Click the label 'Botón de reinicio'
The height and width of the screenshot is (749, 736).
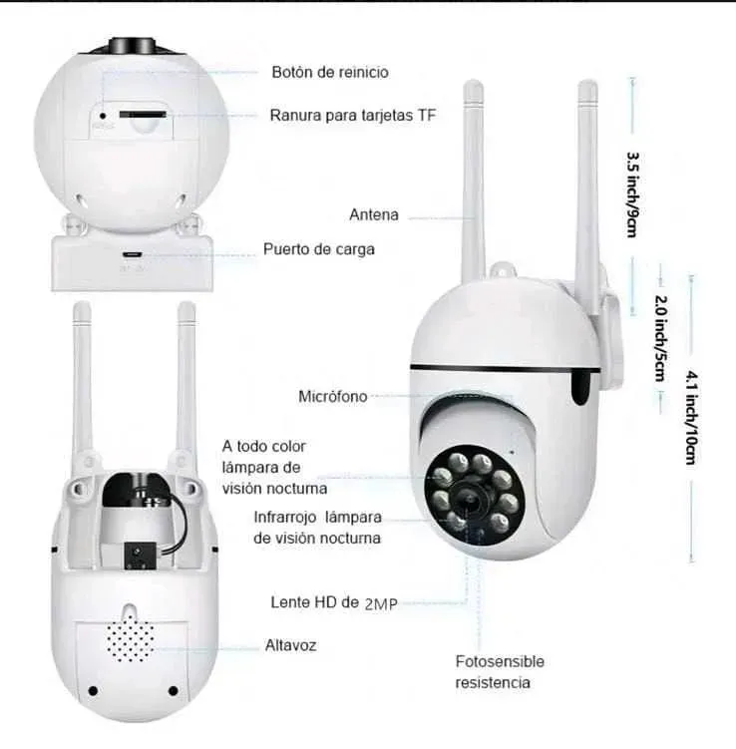coord(330,73)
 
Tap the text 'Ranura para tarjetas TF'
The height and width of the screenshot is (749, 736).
coord(353,116)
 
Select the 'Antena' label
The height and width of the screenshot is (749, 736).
coord(374,214)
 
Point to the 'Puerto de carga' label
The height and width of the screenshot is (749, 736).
coord(319,249)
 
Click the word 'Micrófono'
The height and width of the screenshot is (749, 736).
coord(333,397)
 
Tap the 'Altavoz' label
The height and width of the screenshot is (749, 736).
coord(291,645)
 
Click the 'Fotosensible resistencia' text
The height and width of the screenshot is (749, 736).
coord(500,672)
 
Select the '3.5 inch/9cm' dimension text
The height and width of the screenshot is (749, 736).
coord(632,194)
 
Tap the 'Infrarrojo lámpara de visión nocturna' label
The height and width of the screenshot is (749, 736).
coord(317,528)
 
